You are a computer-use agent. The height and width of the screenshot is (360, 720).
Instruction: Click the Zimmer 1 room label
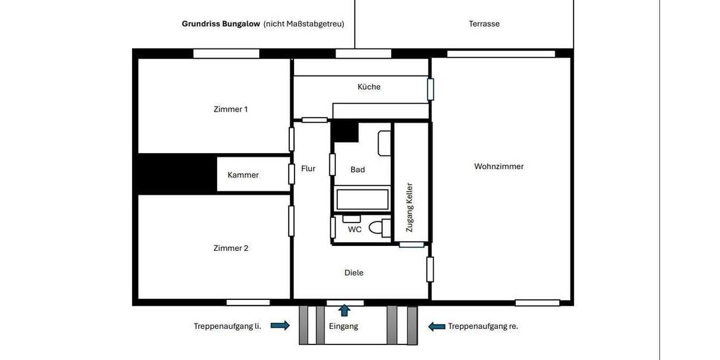tap(230, 109)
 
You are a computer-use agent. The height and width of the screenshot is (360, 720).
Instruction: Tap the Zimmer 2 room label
tap(230, 248)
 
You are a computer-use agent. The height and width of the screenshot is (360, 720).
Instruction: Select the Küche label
tap(369, 86)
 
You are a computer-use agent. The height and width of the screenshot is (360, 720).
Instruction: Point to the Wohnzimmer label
tap(499, 166)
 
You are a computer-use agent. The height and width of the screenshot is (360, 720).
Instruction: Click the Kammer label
tap(243, 175)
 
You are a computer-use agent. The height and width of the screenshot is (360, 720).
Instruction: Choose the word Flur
tap(308, 169)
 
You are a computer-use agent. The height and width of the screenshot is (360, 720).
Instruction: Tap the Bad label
tap(358, 169)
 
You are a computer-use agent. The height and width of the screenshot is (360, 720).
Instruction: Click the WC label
tap(355, 229)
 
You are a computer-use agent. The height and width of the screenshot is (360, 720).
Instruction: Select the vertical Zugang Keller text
tap(410, 207)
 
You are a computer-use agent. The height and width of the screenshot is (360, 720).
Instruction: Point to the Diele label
tap(354, 272)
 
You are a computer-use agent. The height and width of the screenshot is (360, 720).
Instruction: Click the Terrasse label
tap(484, 24)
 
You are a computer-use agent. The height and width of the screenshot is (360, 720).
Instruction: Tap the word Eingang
tap(344, 326)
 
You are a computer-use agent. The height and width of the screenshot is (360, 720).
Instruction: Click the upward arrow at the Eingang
tap(344, 310)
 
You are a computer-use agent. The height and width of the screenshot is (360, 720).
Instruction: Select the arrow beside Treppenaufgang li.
tap(280, 326)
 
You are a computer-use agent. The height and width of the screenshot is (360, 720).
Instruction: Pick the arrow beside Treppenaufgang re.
tap(436, 326)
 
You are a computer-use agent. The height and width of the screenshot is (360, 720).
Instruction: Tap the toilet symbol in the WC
tap(376, 228)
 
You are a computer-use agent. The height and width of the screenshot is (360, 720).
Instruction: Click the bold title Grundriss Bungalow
tap(221, 24)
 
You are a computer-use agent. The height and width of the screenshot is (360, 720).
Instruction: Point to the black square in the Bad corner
tap(345, 131)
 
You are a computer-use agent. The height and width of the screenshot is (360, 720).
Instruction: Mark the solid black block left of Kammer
tap(177, 173)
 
